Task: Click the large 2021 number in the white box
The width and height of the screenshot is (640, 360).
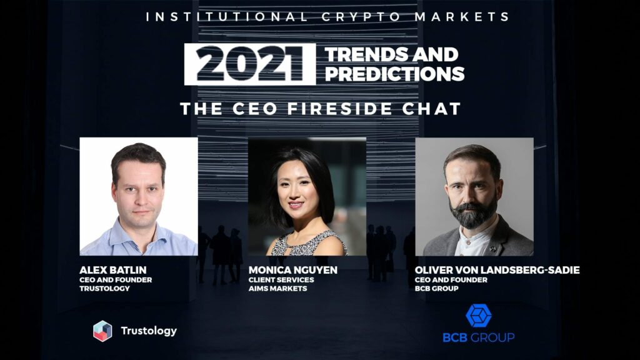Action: tap(250, 64)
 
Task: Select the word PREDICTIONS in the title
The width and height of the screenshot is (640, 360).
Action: tap(395, 74)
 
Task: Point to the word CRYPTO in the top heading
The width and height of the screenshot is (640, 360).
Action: tap(361, 17)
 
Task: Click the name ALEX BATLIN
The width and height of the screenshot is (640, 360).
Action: tap(113, 270)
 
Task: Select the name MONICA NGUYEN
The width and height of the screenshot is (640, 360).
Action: tap(293, 270)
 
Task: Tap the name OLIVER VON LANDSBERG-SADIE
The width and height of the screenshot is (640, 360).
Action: tap(497, 270)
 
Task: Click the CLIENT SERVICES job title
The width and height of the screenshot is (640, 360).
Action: tap(281, 280)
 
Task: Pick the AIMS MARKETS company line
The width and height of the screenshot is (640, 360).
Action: tap(278, 289)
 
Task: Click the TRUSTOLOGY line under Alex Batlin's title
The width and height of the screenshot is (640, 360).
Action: tap(105, 289)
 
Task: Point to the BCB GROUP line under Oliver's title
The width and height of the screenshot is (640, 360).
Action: tap(437, 289)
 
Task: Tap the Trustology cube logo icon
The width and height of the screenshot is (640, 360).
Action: tap(102, 331)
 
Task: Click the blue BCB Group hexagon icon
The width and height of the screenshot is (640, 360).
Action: tap(479, 316)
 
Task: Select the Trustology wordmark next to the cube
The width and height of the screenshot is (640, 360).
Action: tap(149, 331)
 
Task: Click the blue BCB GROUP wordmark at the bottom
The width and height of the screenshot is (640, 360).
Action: tap(479, 337)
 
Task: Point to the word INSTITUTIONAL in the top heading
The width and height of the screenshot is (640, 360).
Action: tap(227, 17)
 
